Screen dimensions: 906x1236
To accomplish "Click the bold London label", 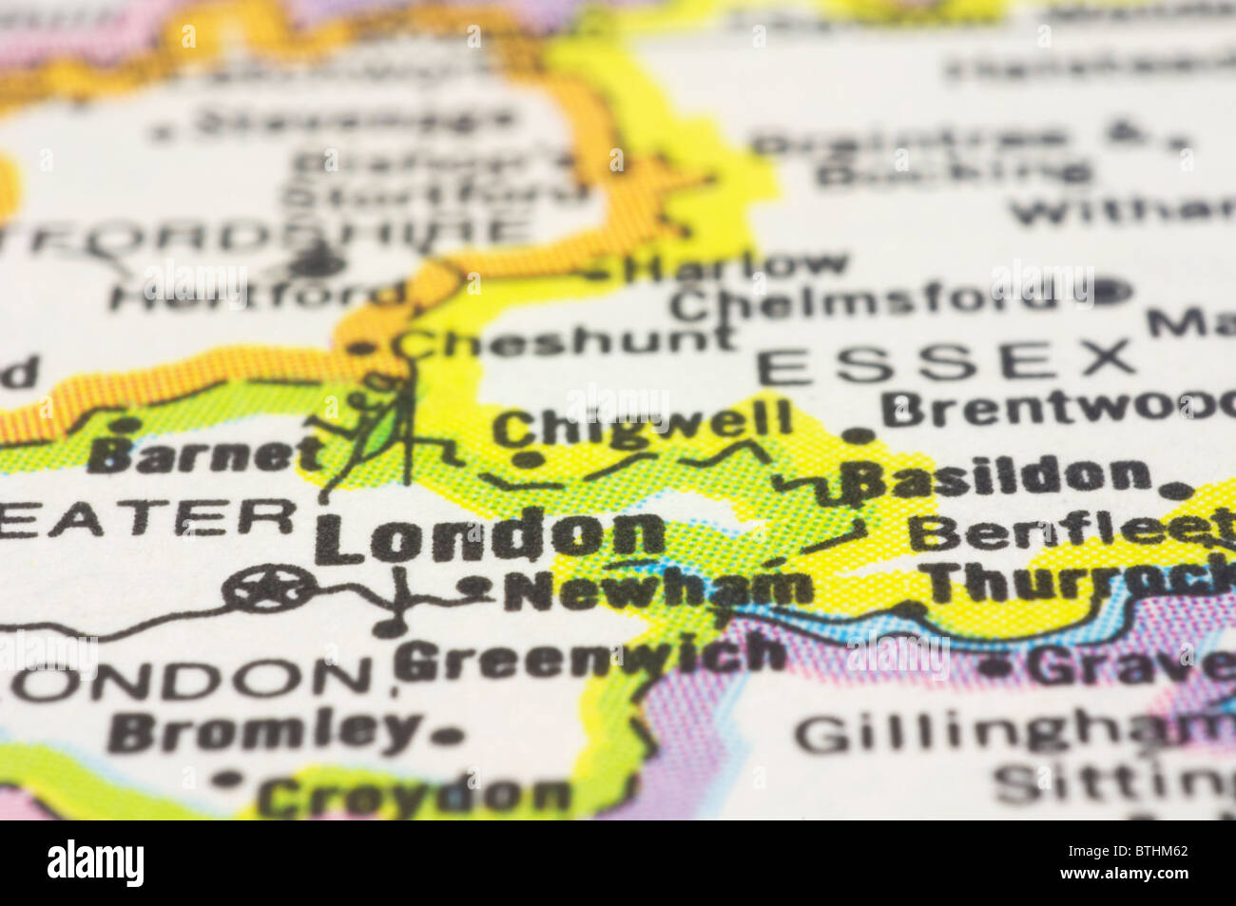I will point(494,535).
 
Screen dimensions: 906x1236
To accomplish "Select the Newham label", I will point(658,589).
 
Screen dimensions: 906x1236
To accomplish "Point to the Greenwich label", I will point(590,657).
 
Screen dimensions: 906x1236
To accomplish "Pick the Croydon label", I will point(415,796).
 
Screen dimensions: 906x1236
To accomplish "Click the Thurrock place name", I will point(1074,582).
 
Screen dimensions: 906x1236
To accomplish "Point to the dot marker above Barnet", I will point(124,423).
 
